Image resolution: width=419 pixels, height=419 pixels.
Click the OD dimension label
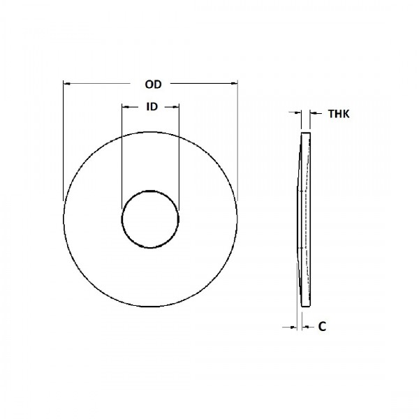(x=153, y=84)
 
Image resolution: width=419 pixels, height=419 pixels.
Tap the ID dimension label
(x=150, y=107)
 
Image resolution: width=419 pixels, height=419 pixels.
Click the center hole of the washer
(x=150, y=217)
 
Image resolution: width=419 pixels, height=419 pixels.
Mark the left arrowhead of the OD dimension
(x=66, y=84)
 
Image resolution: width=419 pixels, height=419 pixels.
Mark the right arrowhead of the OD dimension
(x=234, y=84)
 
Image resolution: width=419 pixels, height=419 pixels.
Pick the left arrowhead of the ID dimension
(x=125, y=107)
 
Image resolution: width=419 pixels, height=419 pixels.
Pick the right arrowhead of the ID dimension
(x=176, y=107)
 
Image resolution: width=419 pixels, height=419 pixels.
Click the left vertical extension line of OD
(x=64, y=140)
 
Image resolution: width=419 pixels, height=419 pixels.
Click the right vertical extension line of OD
(x=237, y=140)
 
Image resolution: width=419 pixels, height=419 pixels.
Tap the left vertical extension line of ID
(x=122, y=154)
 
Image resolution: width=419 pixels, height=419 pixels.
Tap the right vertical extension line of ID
(x=179, y=154)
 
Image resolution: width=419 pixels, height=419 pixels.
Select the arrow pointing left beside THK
(x=314, y=112)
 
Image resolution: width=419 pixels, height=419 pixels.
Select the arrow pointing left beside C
(x=306, y=326)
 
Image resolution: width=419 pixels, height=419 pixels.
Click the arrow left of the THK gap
(x=296, y=112)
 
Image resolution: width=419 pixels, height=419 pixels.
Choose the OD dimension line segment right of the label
(x=203, y=84)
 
